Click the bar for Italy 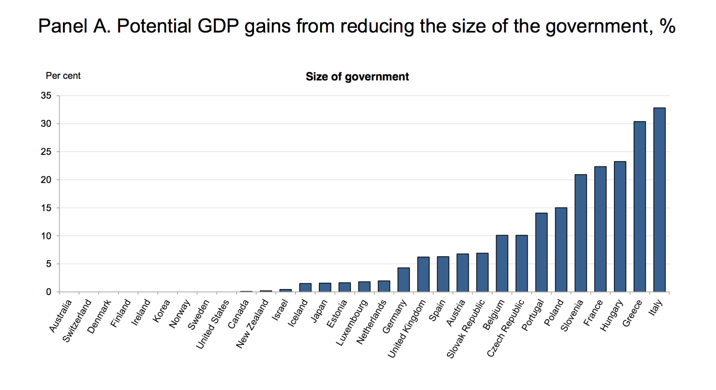(x=659, y=200)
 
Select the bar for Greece (x=639, y=207)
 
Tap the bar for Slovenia (x=580, y=233)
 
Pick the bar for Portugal (x=541, y=253)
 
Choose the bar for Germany (x=403, y=280)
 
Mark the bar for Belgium (x=502, y=264)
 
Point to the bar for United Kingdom (x=423, y=274)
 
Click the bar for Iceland (x=305, y=288)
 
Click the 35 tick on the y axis (x=46, y=96)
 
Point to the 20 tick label (x=46, y=180)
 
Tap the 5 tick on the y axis (x=49, y=264)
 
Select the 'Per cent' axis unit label (x=63, y=76)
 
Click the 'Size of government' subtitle (x=357, y=77)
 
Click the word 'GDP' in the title (x=218, y=27)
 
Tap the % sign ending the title (x=667, y=27)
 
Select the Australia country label (x=61, y=316)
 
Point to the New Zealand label (x=252, y=324)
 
